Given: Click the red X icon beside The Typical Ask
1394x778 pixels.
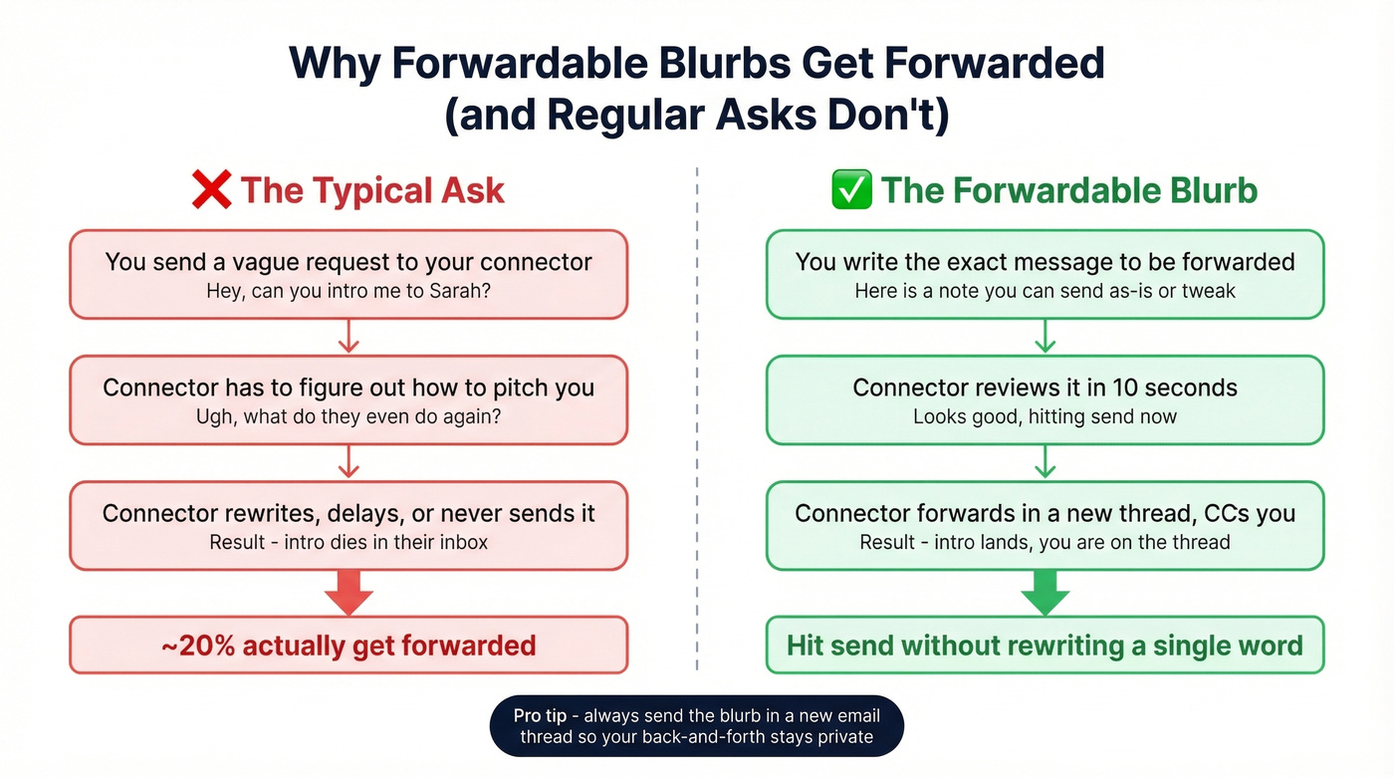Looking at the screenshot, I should point(211,189).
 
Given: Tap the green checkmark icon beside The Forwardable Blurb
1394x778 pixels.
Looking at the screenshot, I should point(851,189).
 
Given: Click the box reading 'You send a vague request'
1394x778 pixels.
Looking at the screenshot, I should point(348,274).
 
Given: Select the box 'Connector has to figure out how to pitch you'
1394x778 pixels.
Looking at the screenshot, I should point(348,399).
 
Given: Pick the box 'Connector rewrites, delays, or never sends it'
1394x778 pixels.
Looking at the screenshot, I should point(348,525).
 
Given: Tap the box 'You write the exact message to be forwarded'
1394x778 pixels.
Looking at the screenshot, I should point(1045,274).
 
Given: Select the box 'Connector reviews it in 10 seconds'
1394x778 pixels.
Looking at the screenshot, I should point(1045,399).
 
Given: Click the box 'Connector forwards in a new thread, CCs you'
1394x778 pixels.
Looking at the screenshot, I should point(1045,525).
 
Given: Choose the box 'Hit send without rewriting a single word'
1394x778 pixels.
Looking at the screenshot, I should point(1045,646).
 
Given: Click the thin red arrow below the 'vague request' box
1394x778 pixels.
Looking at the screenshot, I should point(348,337).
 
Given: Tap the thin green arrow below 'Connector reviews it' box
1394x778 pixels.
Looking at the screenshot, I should point(1045,462).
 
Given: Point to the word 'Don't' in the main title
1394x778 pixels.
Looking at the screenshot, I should point(886,116).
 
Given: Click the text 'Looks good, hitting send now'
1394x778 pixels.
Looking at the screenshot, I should point(1045,416).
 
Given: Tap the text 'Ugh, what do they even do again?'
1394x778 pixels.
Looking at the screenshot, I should point(348,416).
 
